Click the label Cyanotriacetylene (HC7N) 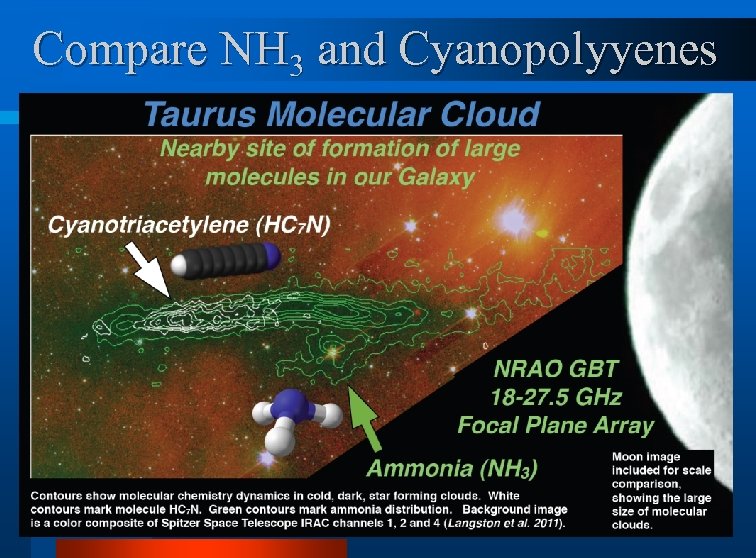tap(189, 225)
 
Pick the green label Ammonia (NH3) tap(452, 467)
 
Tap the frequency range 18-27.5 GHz tap(553, 395)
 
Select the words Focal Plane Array tap(555, 425)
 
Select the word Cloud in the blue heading tap(492, 112)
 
